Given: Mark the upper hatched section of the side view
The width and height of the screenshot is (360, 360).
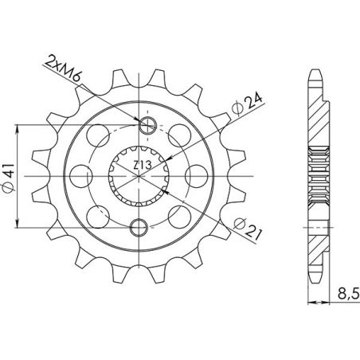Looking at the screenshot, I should click(317, 115).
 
